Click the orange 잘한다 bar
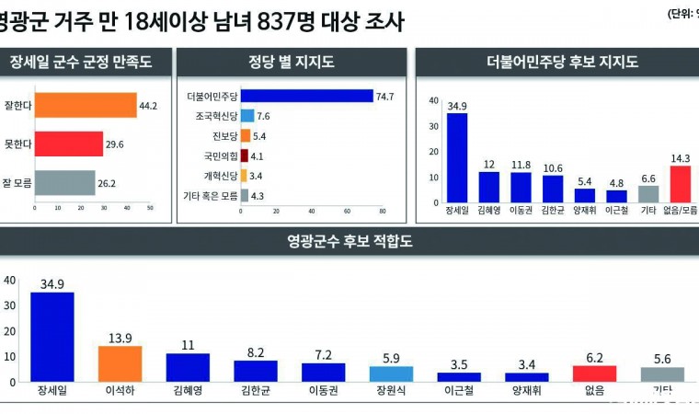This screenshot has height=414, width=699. tap(85, 105)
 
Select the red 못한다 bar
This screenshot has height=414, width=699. tap(69, 144)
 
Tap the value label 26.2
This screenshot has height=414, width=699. tap(109, 182)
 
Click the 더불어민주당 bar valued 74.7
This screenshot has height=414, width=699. tap(306, 96)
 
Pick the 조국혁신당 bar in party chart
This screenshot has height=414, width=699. tap(246, 116)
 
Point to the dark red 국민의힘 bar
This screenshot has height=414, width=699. tap(244, 155)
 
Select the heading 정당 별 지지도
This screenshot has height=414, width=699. tap(291, 63)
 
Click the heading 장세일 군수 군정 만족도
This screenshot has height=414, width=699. tap(80, 63)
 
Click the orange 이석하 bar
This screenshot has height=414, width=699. tap(120, 363)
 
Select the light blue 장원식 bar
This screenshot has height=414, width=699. tap(391, 374)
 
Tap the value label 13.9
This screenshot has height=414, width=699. tap(120, 338)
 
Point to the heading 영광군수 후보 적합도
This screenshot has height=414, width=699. tap(349, 243)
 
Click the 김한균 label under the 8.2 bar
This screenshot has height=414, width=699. tap(256, 390)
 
